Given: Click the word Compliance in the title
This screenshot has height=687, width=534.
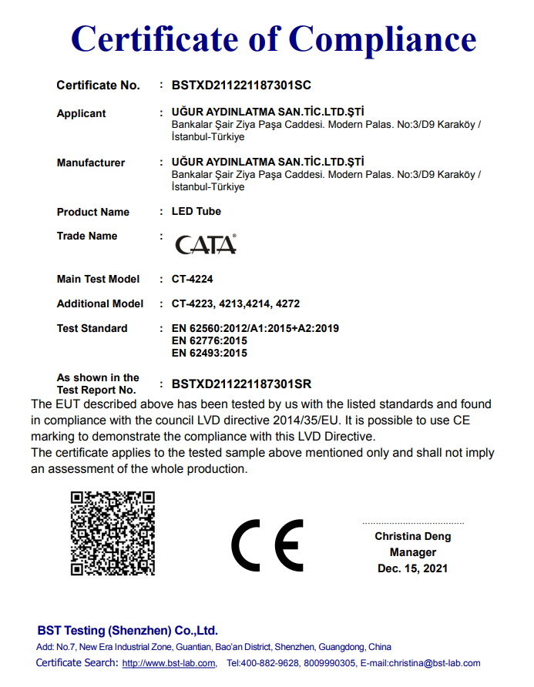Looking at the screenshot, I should (x=383, y=39).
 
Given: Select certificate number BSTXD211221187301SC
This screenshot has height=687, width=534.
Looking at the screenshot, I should (x=241, y=85).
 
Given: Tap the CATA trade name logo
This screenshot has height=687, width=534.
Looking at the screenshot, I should (x=206, y=244).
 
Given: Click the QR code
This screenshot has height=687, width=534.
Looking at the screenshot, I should (x=113, y=533).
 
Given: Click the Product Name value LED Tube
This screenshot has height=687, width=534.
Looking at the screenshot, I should (x=196, y=211).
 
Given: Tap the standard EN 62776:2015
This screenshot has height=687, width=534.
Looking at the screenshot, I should (x=209, y=340).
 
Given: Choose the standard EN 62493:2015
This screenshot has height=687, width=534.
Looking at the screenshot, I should (x=209, y=353).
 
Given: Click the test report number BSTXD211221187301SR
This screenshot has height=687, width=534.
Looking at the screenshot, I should (x=241, y=384).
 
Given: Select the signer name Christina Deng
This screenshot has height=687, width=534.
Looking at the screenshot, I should (x=413, y=536).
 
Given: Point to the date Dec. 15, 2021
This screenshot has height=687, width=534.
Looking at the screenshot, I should (x=412, y=568).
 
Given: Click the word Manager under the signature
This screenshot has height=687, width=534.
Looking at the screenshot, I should (x=413, y=552).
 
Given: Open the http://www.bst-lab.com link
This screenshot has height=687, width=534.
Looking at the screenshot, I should (x=169, y=663).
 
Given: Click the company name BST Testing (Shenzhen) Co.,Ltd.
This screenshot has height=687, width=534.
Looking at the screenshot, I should (x=128, y=630).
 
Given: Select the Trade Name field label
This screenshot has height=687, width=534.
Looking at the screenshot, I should (x=87, y=236).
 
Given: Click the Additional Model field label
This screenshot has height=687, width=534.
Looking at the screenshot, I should (x=100, y=303).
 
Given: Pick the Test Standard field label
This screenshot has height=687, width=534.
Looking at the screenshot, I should (x=92, y=328).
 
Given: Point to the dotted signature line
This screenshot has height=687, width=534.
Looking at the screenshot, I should (x=413, y=523).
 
